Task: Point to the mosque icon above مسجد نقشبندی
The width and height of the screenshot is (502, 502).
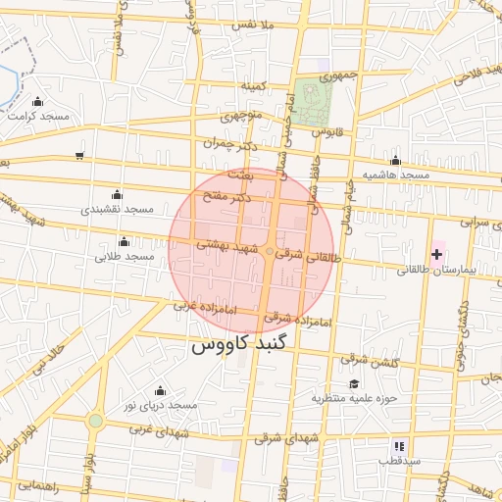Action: [x=118, y=194]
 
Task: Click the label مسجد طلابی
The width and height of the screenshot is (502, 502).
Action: [x=125, y=256]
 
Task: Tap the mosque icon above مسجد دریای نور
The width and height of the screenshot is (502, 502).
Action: [x=160, y=390]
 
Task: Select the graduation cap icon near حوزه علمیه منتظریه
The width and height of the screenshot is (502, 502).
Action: [x=353, y=383]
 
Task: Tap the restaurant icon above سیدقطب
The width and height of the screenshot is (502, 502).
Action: [x=399, y=445]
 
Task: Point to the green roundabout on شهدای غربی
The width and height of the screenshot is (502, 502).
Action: [x=95, y=421]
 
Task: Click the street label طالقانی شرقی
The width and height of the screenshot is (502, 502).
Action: [x=312, y=251]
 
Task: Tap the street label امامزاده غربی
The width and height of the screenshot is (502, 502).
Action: [x=205, y=308]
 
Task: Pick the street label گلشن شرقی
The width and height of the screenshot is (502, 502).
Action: [x=372, y=363]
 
